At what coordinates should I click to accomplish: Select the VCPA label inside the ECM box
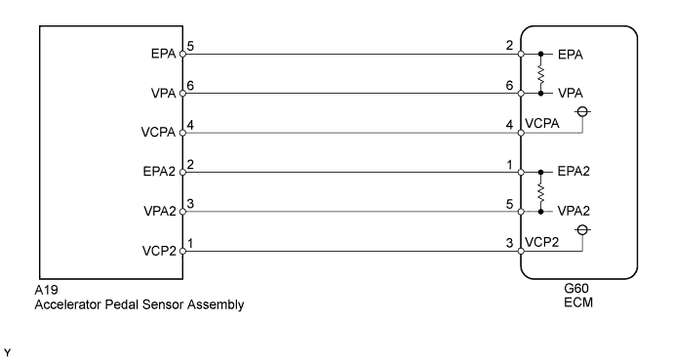pyautogui.click(x=541, y=125)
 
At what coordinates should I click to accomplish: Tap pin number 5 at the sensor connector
pyautogui.click(x=191, y=47)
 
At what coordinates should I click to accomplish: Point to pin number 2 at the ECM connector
pyautogui.click(x=509, y=47)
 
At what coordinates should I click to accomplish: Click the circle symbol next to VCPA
pyautogui.click(x=583, y=113)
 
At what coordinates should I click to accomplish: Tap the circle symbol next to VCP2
pyautogui.click(x=583, y=230)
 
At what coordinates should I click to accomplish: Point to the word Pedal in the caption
pyautogui.click(x=124, y=304)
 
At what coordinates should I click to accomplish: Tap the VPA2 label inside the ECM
pyautogui.click(x=574, y=211)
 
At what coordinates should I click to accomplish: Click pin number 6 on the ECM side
pyautogui.click(x=509, y=86)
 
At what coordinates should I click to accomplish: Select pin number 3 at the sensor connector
pyautogui.click(x=191, y=203)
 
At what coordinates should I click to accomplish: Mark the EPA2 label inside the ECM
pyautogui.click(x=574, y=172)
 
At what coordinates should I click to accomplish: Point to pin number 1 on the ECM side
pyautogui.click(x=509, y=164)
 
